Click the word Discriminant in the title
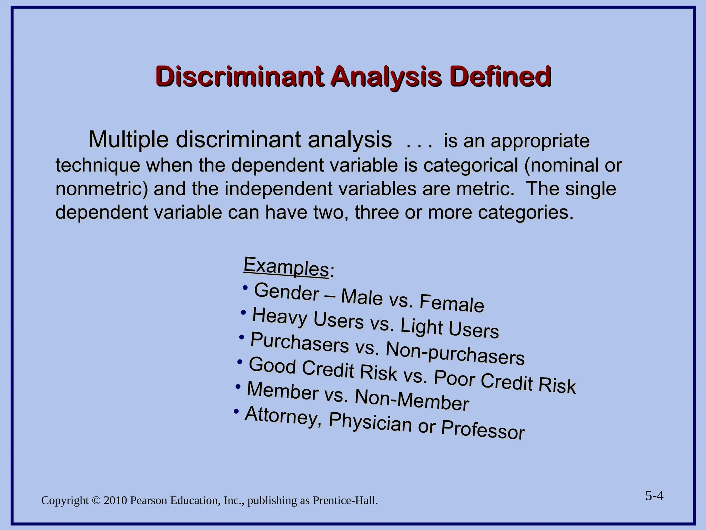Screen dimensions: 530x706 click(x=239, y=76)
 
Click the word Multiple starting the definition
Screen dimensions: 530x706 click(x=128, y=140)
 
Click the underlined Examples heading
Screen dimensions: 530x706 click(x=286, y=266)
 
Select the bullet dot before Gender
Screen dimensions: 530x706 click(x=245, y=287)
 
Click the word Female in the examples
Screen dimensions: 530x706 click(x=452, y=303)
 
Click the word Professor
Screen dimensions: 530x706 click(x=483, y=429)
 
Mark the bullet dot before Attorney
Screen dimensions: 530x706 click(x=236, y=411)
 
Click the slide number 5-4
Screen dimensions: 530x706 click(x=654, y=496)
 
